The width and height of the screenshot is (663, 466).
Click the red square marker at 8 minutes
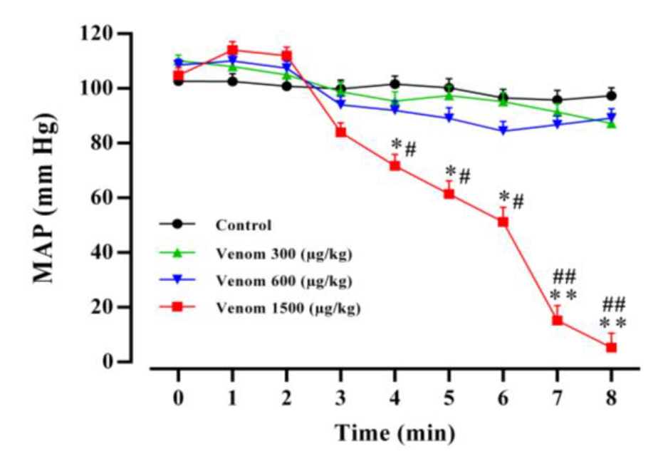point(611,347)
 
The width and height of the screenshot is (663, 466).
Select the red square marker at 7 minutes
point(557,320)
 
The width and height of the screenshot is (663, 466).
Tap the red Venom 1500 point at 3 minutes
point(340,133)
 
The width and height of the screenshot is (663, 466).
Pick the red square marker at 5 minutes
point(449,193)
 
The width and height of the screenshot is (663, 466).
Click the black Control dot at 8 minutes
point(611,95)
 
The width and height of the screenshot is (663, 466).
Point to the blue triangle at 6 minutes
point(503,130)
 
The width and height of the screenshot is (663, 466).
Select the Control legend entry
point(243,225)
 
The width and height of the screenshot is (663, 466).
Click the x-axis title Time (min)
point(394,433)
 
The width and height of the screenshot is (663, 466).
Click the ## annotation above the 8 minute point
point(613,306)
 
